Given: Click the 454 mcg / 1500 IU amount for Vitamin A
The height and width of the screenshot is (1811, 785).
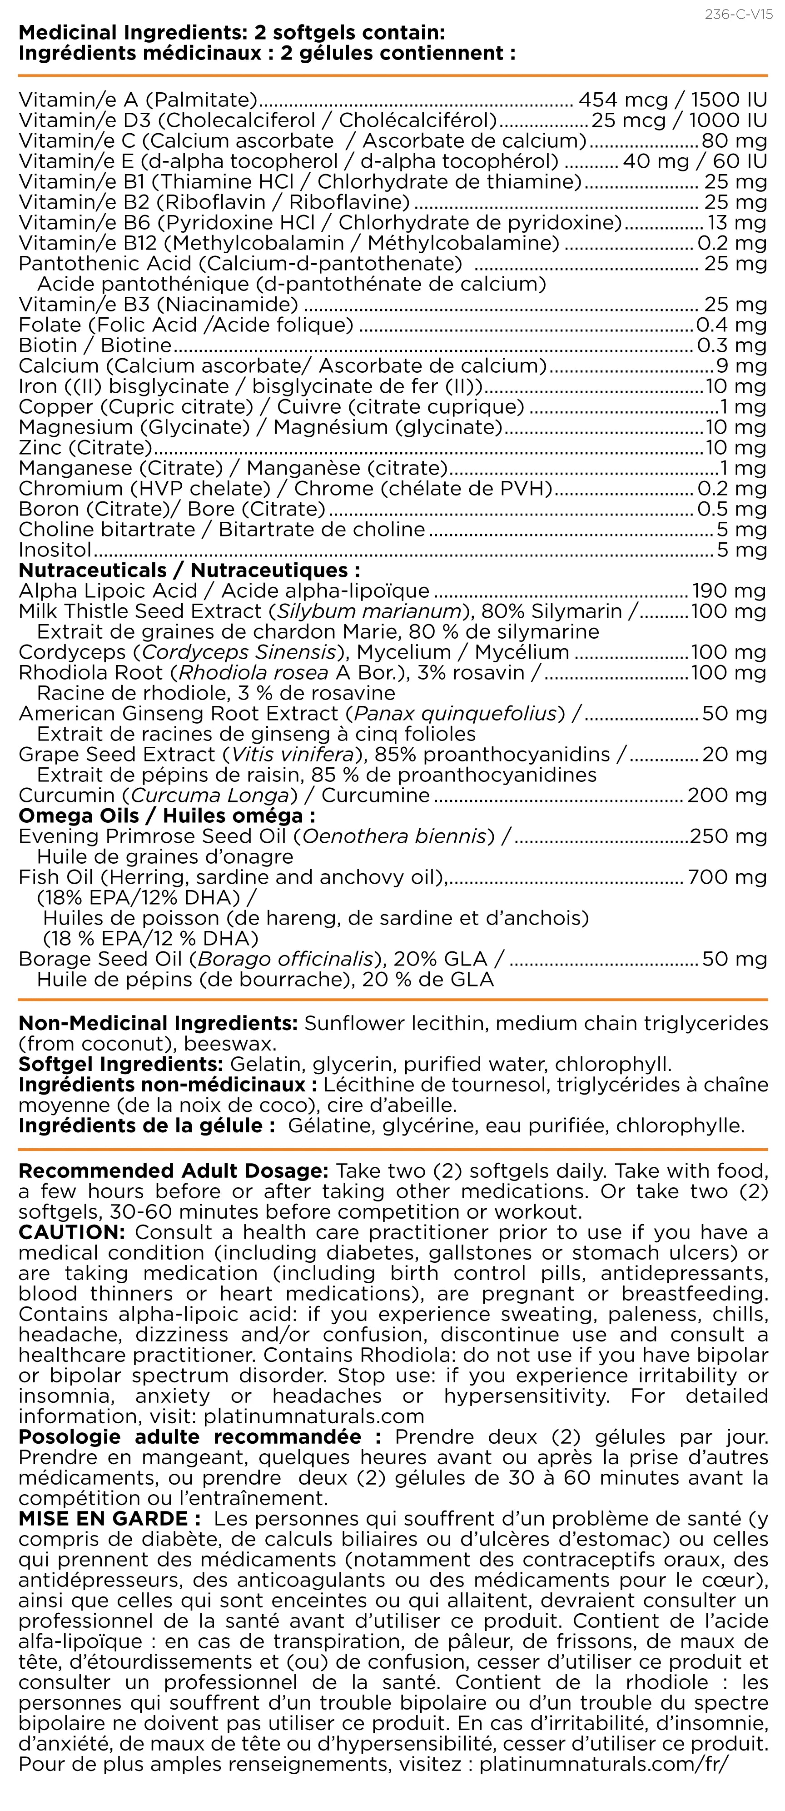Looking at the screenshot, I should click(672, 100).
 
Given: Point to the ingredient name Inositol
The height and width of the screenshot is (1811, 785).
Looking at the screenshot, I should click(55, 550).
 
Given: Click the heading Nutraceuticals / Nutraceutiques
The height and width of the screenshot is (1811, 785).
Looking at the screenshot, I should click(189, 570).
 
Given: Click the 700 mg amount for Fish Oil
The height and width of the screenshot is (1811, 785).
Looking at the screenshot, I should click(727, 877).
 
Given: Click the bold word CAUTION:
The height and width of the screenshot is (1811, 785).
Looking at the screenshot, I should click(72, 1232).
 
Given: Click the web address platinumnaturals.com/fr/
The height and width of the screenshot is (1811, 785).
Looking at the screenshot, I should click(604, 1764).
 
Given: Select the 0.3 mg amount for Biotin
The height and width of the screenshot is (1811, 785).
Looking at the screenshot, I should click(731, 345).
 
